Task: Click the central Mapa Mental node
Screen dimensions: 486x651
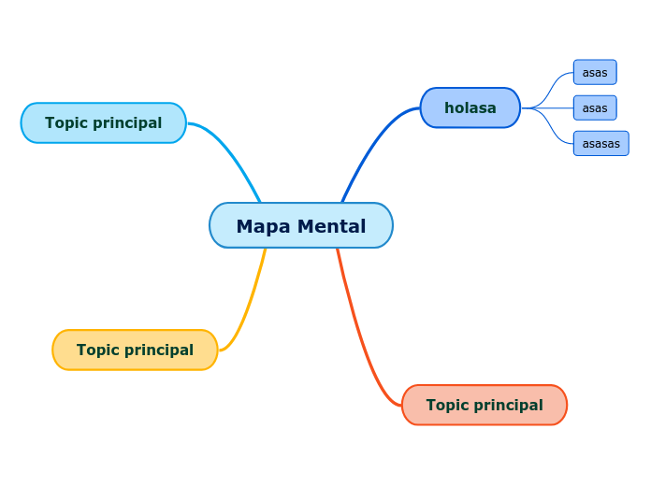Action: (301, 225)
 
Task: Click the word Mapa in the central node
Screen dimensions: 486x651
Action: (257, 226)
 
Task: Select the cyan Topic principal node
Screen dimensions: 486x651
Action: (103, 122)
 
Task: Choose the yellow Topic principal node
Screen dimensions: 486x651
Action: (135, 350)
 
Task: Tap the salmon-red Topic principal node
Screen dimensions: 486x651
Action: (485, 405)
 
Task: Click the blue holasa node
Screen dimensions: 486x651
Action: (470, 107)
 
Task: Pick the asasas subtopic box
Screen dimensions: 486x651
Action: (600, 143)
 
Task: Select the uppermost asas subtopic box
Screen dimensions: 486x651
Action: (595, 72)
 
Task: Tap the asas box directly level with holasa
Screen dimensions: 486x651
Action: (595, 107)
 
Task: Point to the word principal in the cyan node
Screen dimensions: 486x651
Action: (126, 122)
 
